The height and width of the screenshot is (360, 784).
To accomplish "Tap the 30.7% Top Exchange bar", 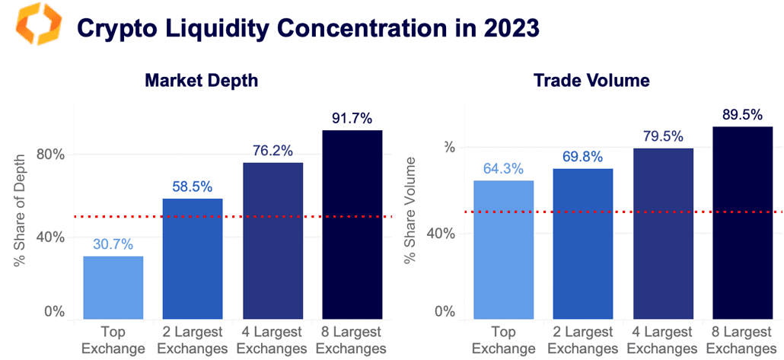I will pyautogui.click(x=113, y=287).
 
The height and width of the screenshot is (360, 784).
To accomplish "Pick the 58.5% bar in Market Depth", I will pyautogui.click(x=193, y=258).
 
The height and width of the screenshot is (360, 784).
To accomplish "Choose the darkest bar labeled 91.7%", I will pyautogui.click(x=352, y=224).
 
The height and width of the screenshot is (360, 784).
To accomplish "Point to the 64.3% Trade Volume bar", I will pyautogui.click(x=504, y=249).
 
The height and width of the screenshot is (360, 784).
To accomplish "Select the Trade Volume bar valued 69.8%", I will pyautogui.click(x=583, y=243).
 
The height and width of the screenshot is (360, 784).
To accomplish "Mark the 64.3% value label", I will pyautogui.click(x=504, y=169).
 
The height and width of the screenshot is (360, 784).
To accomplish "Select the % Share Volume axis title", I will pyautogui.click(x=410, y=210).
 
